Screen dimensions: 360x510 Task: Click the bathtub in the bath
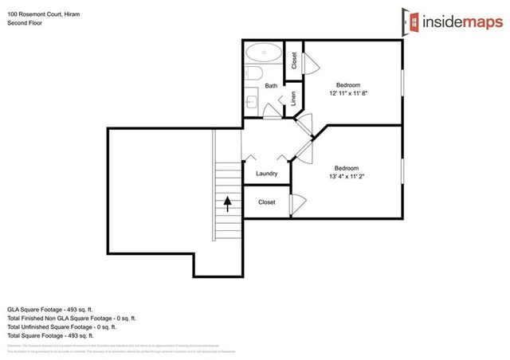[x=263, y=54]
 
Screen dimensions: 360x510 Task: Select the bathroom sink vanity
[x=250, y=101]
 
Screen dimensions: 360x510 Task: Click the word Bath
[x=271, y=86]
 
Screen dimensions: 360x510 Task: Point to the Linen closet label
[x=293, y=99]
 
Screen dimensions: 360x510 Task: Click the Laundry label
[x=266, y=174]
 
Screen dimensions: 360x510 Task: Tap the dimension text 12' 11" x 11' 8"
[x=348, y=94]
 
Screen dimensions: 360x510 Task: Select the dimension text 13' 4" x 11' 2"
[x=347, y=176]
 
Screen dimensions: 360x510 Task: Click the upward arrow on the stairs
[x=227, y=203]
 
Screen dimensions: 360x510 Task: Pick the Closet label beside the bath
[x=293, y=60]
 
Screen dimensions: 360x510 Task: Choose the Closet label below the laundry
[x=266, y=202]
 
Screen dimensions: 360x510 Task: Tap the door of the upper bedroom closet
[x=312, y=61]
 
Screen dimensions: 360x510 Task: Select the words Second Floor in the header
[x=24, y=23]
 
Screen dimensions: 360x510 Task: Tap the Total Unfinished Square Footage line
[x=61, y=327]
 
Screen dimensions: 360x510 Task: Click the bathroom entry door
[x=272, y=113]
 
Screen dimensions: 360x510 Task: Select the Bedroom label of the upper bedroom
[x=347, y=85]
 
